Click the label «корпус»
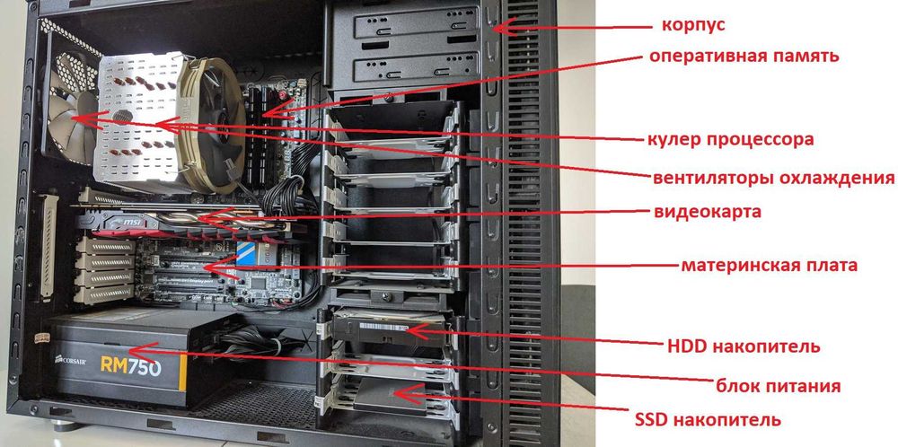(693, 26)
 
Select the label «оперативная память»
(744, 56)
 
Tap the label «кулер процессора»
(730, 139)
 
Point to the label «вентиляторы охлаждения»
(773, 178)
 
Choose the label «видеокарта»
(708, 212)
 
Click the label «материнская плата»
(770, 266)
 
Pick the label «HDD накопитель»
(744, 346)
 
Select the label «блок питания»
(779, 386)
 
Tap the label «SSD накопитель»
(708, 420)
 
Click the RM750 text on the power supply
(130, 367)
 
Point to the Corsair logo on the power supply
(70, 361)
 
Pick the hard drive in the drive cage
(390, 330)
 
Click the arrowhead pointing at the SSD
(407, 394)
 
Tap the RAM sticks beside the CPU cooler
(260, 137)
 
